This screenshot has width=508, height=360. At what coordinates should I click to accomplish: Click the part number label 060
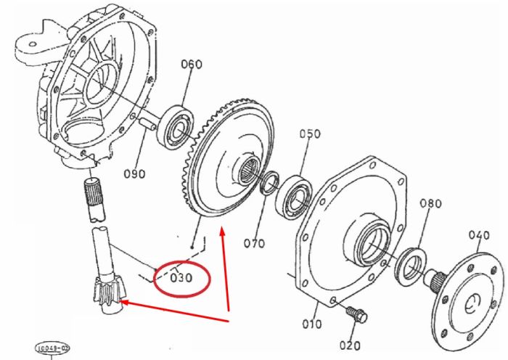coord(191,64)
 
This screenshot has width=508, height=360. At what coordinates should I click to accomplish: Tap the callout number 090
coord(134,174)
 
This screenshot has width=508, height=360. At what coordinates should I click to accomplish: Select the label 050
coord(310,134)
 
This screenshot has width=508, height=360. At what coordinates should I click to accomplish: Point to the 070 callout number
coord(254,243)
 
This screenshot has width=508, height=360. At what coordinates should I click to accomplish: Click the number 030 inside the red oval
coord(181,278)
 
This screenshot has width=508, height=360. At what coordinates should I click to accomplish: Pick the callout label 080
coord(430,203)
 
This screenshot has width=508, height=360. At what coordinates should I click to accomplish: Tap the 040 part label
coord(479,235)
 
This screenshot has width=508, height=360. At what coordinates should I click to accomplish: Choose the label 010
coord(311,324)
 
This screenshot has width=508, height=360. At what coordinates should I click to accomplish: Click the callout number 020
coord(350,345)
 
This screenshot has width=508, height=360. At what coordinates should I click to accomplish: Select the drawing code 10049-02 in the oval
coord(52,348)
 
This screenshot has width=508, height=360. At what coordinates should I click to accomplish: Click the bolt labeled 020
coord(356,314)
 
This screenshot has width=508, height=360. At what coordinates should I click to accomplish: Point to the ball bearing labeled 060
coord(175,127)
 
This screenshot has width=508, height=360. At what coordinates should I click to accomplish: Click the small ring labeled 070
coord(269,183)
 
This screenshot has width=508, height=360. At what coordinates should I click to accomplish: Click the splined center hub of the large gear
coord(249,171)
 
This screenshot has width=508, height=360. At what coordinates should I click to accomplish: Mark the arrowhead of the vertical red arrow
coord(222,233)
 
